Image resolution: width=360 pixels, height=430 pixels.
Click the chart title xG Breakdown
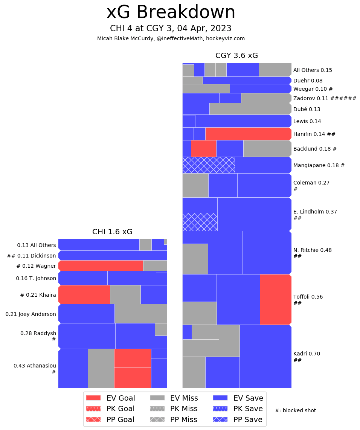click(171, 12)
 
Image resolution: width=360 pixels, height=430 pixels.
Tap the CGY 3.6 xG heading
click(236, 56)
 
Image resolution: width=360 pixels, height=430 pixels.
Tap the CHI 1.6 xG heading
click(112, 232)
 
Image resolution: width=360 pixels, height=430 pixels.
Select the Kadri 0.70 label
click(307, 354)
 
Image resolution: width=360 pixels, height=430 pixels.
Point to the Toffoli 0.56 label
click(308, 297)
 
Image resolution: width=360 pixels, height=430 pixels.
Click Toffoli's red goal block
click(275, 299)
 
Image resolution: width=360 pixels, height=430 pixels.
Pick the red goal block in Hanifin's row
click(248, 134)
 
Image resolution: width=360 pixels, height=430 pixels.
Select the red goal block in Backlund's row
click(203, 148)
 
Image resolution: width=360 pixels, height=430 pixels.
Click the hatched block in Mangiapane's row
click(208, 165)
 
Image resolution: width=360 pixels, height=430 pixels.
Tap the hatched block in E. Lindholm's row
click(200, 222)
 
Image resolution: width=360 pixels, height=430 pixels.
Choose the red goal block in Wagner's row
click(101, 265)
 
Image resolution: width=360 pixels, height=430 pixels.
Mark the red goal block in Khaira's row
click(84, 294)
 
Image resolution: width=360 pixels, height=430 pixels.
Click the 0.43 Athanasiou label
click(35, 366)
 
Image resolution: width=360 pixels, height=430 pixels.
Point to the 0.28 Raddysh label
click(38, 334)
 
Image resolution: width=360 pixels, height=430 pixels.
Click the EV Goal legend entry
click(110, 398)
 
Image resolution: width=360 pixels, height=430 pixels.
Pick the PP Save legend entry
click(238, 419)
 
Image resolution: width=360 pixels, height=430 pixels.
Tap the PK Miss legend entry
click(174, 409)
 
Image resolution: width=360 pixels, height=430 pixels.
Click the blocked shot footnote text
click(295, 410)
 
